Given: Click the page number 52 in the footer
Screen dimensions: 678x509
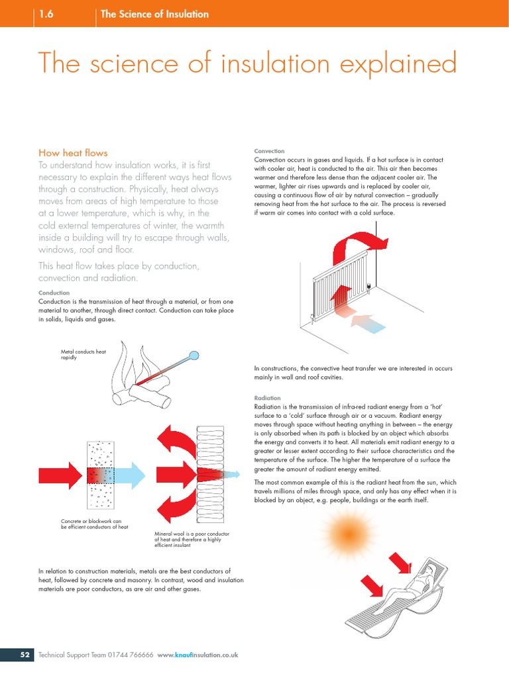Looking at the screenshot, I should [x=25, y=655].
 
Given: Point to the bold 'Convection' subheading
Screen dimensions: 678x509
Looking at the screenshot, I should [x=269, y=151].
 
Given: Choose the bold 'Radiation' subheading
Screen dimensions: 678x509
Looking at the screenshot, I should [x=268, y=398].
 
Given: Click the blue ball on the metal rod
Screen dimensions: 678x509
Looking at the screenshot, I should [x=194, y=355].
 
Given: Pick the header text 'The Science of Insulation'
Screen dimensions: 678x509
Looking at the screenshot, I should [x=154, y=14].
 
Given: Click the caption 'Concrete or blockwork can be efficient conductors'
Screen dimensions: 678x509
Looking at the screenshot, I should [x=94, y=524].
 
